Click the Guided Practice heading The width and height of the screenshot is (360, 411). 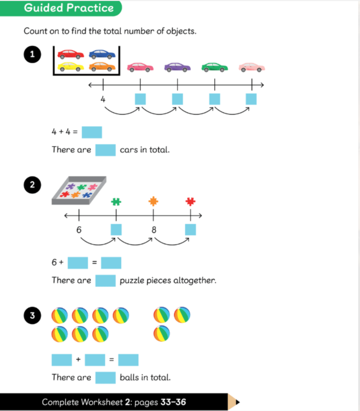[69, 8]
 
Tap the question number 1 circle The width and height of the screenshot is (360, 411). [32, 55]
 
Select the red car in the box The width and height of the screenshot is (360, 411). [71, 54]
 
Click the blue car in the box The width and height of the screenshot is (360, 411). [102, 54]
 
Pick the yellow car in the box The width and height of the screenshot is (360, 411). [71, 67]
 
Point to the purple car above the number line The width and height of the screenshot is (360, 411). [178, 67]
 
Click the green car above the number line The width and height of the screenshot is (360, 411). [215, 67]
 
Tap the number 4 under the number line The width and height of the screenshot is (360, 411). [103, 99]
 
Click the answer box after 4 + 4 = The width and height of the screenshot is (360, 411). [91, 132]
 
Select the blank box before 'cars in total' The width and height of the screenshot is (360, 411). [105, 150]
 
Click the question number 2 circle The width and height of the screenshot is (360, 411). [32, 185]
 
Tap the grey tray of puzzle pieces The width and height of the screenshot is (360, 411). [79, 190]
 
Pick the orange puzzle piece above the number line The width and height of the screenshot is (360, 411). [153, 201]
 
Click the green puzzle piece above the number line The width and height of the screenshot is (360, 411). [116, 201]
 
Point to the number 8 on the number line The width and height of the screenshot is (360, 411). [154, 230]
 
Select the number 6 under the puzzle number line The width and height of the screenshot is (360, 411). [79, 230]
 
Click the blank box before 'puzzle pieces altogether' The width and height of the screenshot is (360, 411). [105, 280]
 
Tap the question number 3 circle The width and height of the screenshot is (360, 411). [32, 316]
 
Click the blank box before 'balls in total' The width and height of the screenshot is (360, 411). [105, 377]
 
